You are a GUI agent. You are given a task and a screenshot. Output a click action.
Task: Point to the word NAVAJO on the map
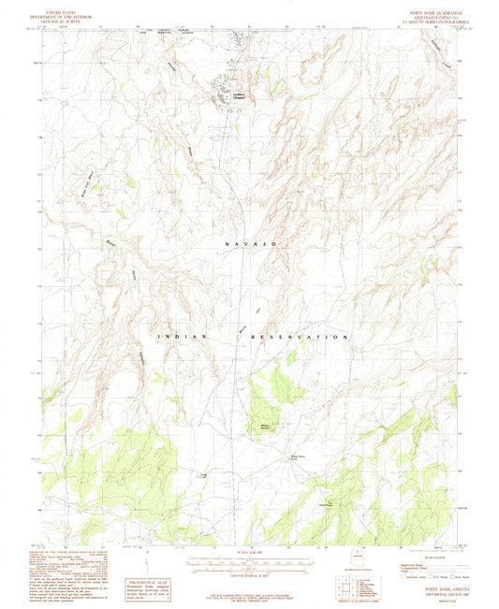250,242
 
